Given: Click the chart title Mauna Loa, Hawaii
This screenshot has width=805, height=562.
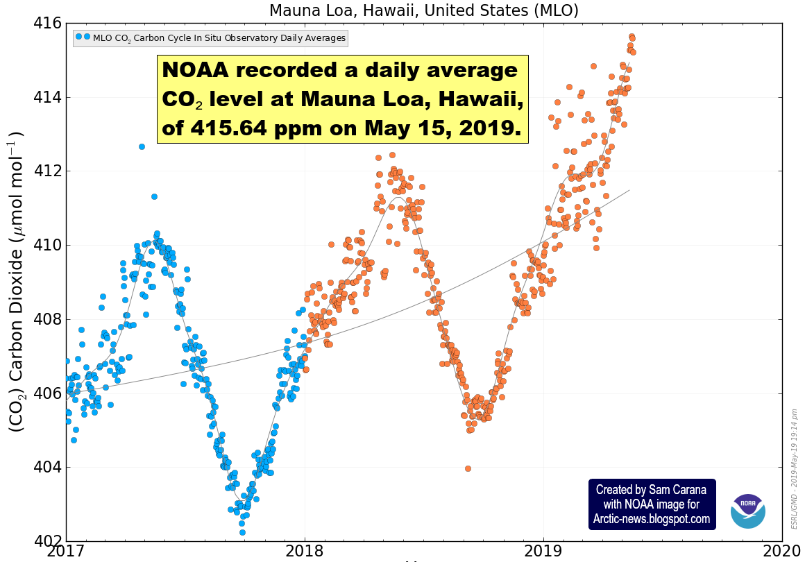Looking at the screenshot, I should pyautogui.click(x=423, y=10).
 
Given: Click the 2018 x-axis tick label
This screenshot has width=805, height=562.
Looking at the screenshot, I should pyautogui.click(x=304, y=553).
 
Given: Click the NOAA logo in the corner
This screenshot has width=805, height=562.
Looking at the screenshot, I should pyautogui.click(x=748, y=511).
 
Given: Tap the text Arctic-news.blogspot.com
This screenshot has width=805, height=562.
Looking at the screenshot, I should pyautogui.click(x=652, y=519).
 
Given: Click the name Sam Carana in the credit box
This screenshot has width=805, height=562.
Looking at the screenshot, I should pyautogui.click(x=671, y=490).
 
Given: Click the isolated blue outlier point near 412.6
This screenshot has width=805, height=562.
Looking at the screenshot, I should pyautogui.click(x=142, y=146).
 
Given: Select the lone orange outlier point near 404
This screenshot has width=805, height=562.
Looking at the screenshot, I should pyautogui.click(x=468, y=468).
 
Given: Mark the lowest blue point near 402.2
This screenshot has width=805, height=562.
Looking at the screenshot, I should pyautogui.click(x=242, y=532).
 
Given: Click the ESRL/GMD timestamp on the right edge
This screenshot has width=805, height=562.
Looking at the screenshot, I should pyautogui.click(x=795, y=469).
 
